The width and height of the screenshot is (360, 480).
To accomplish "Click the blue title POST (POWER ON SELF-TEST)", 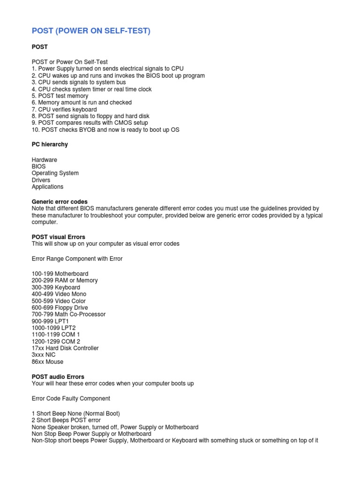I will [x=91, y=31].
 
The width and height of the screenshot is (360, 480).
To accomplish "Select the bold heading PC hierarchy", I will [x=50, y=144].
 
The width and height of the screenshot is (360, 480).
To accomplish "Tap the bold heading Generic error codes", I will [x=60, y=202].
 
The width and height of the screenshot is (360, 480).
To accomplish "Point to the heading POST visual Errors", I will [x=58, y=237].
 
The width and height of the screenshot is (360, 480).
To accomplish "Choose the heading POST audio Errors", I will [x=58, y=376].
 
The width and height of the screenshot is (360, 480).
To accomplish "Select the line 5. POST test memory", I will [x=60, y=96].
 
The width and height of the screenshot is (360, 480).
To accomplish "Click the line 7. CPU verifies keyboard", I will [x=64, y=109].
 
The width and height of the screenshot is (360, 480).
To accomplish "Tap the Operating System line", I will [x=55, y=173].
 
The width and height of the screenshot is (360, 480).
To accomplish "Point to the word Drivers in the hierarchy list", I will [x=41, y=180].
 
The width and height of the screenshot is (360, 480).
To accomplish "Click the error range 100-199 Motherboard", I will [x=60, y=273].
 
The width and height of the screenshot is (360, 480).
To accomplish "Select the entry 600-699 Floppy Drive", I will [x=60, y=307].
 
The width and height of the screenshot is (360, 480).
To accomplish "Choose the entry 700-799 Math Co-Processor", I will [x=68, y=314].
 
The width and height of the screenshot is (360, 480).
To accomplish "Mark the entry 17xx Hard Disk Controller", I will [x=65, y=348].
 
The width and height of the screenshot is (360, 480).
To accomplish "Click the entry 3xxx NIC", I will [x=44, y=355].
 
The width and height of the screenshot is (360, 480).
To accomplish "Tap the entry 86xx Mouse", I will [x=47, y=362].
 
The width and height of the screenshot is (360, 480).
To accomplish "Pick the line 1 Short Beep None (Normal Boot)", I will [x=75, y=413].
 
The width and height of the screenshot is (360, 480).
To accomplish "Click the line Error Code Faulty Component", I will [x=71, y=398].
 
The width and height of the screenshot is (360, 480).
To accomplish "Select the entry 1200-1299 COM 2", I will [x=56, y=341].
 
